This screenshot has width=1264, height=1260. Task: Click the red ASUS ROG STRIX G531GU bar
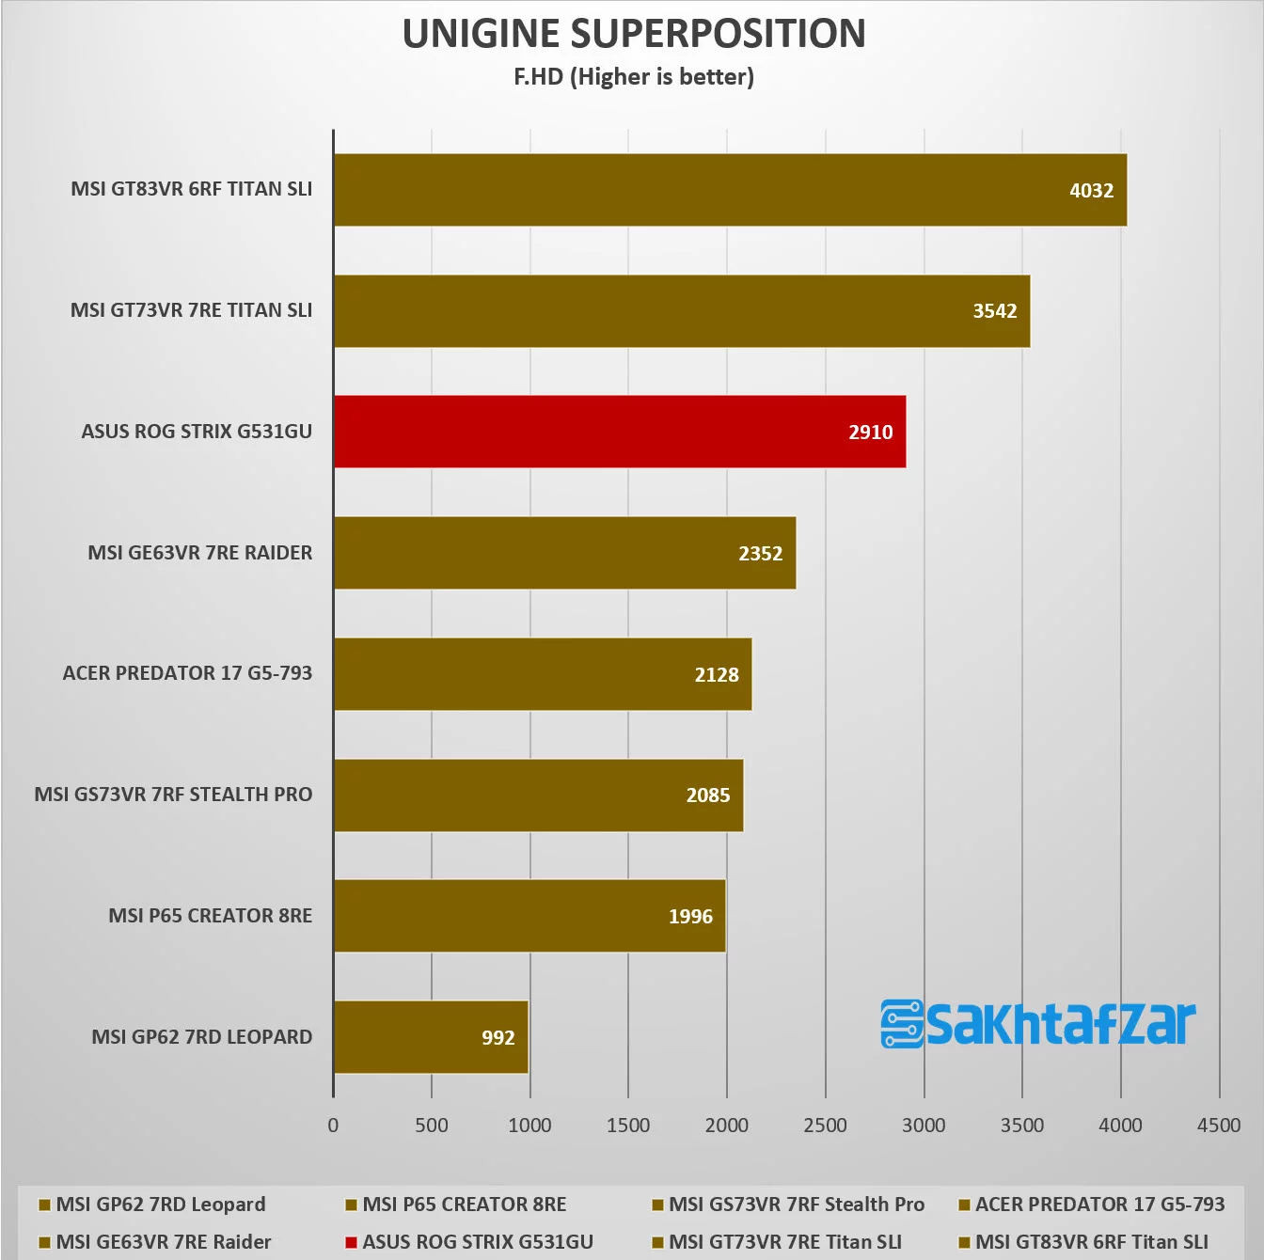pos(619,432)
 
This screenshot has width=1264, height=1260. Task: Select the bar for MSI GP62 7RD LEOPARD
pos(430,1037)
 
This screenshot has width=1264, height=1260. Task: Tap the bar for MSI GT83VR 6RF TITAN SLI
pos(730,190)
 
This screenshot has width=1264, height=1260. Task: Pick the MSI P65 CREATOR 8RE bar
pos(529,916)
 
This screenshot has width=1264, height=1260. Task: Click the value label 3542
pos(994,311)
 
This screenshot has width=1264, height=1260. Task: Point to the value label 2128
pos(717,675)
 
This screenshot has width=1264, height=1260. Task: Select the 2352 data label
pos(760,554)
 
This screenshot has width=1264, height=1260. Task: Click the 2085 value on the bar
pos(707,795)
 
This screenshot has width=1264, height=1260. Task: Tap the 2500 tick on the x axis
pos(825,1126)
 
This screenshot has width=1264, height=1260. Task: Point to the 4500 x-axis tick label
pos(1218,1126)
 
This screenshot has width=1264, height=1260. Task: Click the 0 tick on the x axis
pos(333,1126)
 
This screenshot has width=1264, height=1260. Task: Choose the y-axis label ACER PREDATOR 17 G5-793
pos(187,673)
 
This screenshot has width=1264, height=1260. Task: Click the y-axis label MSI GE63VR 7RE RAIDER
pos(199,553)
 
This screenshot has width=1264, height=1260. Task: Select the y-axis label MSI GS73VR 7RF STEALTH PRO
pos(173,795)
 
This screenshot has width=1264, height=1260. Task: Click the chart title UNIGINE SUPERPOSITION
pos(634,34)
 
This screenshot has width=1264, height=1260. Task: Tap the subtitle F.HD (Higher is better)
pos(634,77)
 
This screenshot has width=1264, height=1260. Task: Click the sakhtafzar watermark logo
pos(1037,1023)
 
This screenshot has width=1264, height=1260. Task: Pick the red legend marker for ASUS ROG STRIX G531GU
pos(351,1243)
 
